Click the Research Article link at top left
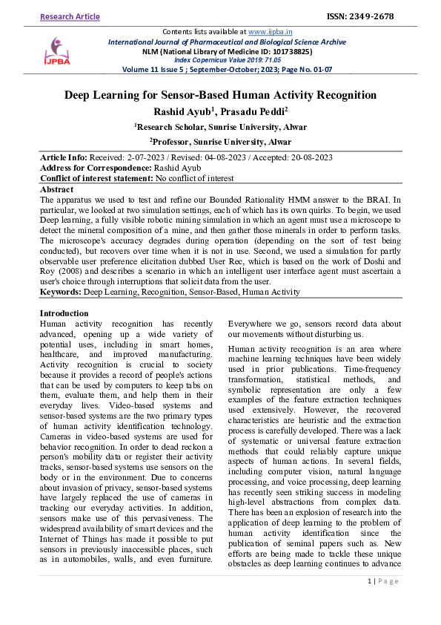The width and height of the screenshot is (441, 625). tap(71, 16)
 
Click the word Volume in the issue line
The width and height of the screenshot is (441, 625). tap(137, 69)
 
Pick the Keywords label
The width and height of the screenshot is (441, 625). tap(60, 292)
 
